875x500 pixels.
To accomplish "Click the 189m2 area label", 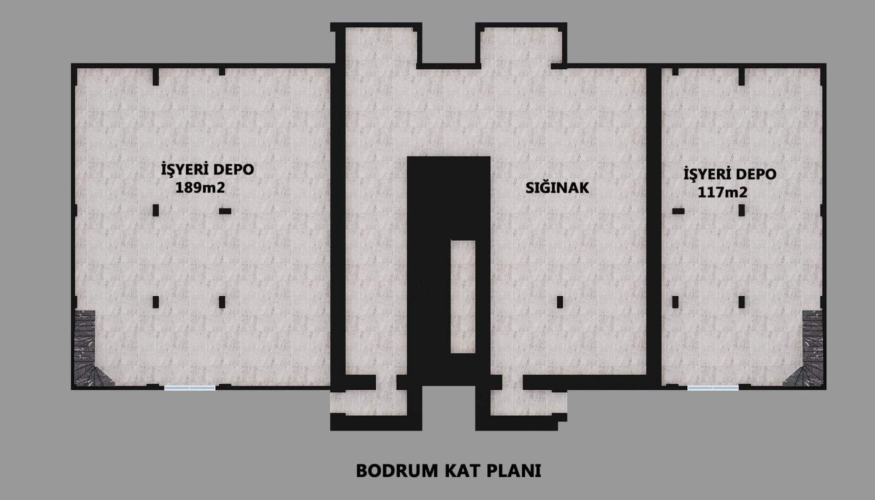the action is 200,188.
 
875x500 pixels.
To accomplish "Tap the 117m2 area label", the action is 722,192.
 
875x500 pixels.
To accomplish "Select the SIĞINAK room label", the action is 557,188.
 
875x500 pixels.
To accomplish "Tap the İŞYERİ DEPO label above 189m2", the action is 207,169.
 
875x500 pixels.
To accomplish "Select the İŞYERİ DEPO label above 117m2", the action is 730,173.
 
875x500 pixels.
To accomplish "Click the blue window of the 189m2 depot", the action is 189,388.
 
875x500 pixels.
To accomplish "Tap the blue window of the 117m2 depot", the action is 713,388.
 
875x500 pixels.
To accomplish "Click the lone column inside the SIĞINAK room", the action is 560,302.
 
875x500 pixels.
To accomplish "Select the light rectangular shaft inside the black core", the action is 463,296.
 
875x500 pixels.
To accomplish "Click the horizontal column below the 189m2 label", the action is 225,211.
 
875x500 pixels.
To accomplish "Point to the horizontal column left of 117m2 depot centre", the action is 678,211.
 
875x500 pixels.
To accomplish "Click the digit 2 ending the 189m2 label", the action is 221,188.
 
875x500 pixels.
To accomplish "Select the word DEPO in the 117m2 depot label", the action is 754,174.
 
